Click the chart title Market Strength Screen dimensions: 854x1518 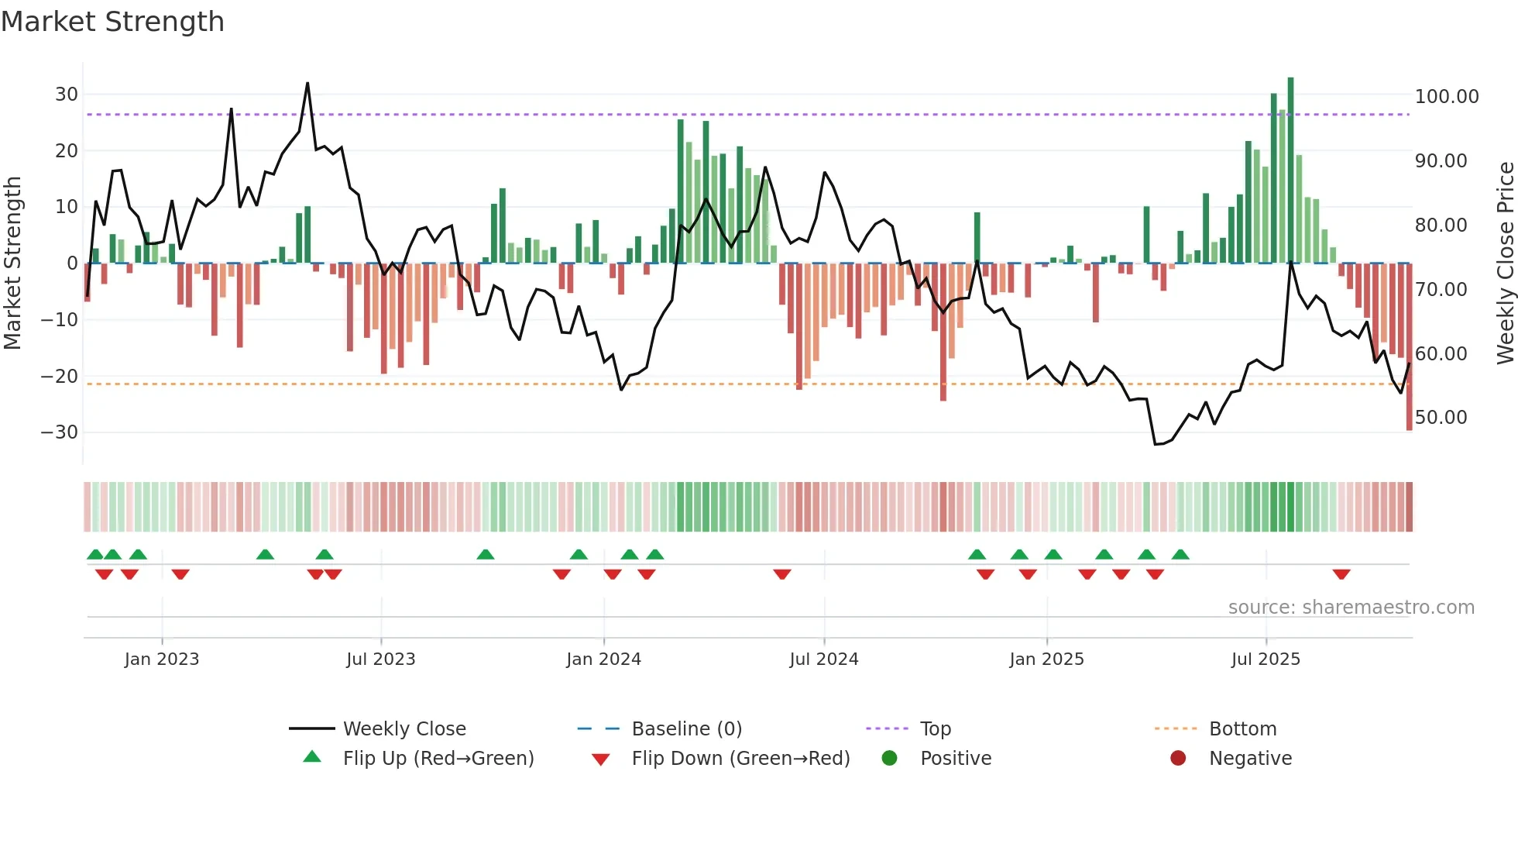point(112,22)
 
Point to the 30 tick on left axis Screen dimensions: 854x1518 point(67,95)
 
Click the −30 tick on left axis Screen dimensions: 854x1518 point(60,432)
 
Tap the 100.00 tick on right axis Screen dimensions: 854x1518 point(1446,97)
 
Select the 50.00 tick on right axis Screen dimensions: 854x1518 point(1441,418)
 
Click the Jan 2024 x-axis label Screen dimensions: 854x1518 point(603,659)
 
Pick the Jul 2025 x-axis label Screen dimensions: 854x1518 point(1266,659)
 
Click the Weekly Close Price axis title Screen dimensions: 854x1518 point(1505,263)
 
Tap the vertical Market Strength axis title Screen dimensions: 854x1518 point(12,263)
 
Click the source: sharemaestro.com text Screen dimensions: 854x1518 point(1351,608)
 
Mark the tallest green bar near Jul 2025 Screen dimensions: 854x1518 point(1290,170)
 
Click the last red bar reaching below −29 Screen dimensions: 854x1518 point(1409,349)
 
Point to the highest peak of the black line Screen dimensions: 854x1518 point(307,84)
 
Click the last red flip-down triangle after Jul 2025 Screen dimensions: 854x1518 point(1341,574)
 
